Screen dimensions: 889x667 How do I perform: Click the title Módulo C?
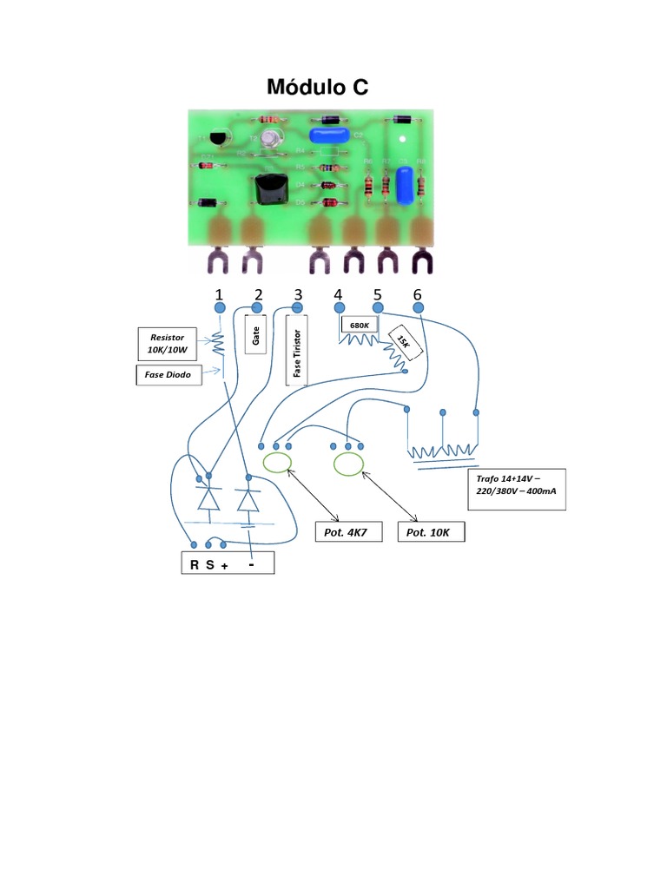pos(317,87)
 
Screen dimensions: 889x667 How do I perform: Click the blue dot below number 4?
pos(339,308)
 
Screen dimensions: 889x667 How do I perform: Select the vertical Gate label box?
pos(256,335)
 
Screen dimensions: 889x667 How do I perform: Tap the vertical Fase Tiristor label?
pos(297,351)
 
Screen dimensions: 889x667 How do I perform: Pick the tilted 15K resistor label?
pos(404,342)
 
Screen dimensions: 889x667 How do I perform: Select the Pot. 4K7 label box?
pos(347,532)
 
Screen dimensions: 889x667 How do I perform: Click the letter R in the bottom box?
pos(195,565)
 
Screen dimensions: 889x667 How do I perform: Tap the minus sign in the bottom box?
pos(252,563)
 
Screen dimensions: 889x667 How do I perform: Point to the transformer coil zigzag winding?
pos(442,452)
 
